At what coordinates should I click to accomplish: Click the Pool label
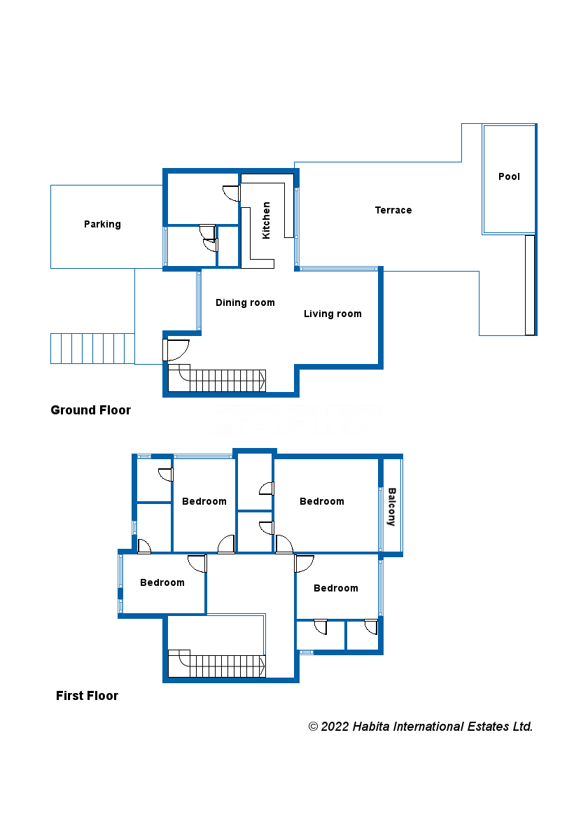(509, 176)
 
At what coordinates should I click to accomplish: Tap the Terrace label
(393, 210)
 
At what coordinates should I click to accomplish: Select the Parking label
(102, 224)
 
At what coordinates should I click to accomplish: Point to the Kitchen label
(266, 220)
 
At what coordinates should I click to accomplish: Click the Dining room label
(245, 302)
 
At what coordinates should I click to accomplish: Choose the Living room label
(332, 314)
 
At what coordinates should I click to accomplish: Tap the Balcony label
(391, 507)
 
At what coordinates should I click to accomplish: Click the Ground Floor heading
(90, 410)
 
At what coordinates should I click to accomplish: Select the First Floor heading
(87, 696)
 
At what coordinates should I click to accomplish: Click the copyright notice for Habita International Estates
(421, 727)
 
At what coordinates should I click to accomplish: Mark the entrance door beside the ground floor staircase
(176, 349)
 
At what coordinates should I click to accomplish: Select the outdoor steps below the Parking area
(92, 349)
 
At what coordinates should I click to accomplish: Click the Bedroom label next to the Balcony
(321, 501)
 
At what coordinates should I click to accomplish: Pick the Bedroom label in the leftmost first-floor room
(162, 582)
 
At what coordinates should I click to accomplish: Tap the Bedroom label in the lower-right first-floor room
(335, 588)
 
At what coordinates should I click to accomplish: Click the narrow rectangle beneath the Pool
(530, 285)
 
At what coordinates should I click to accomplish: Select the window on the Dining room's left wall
(199, 301)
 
